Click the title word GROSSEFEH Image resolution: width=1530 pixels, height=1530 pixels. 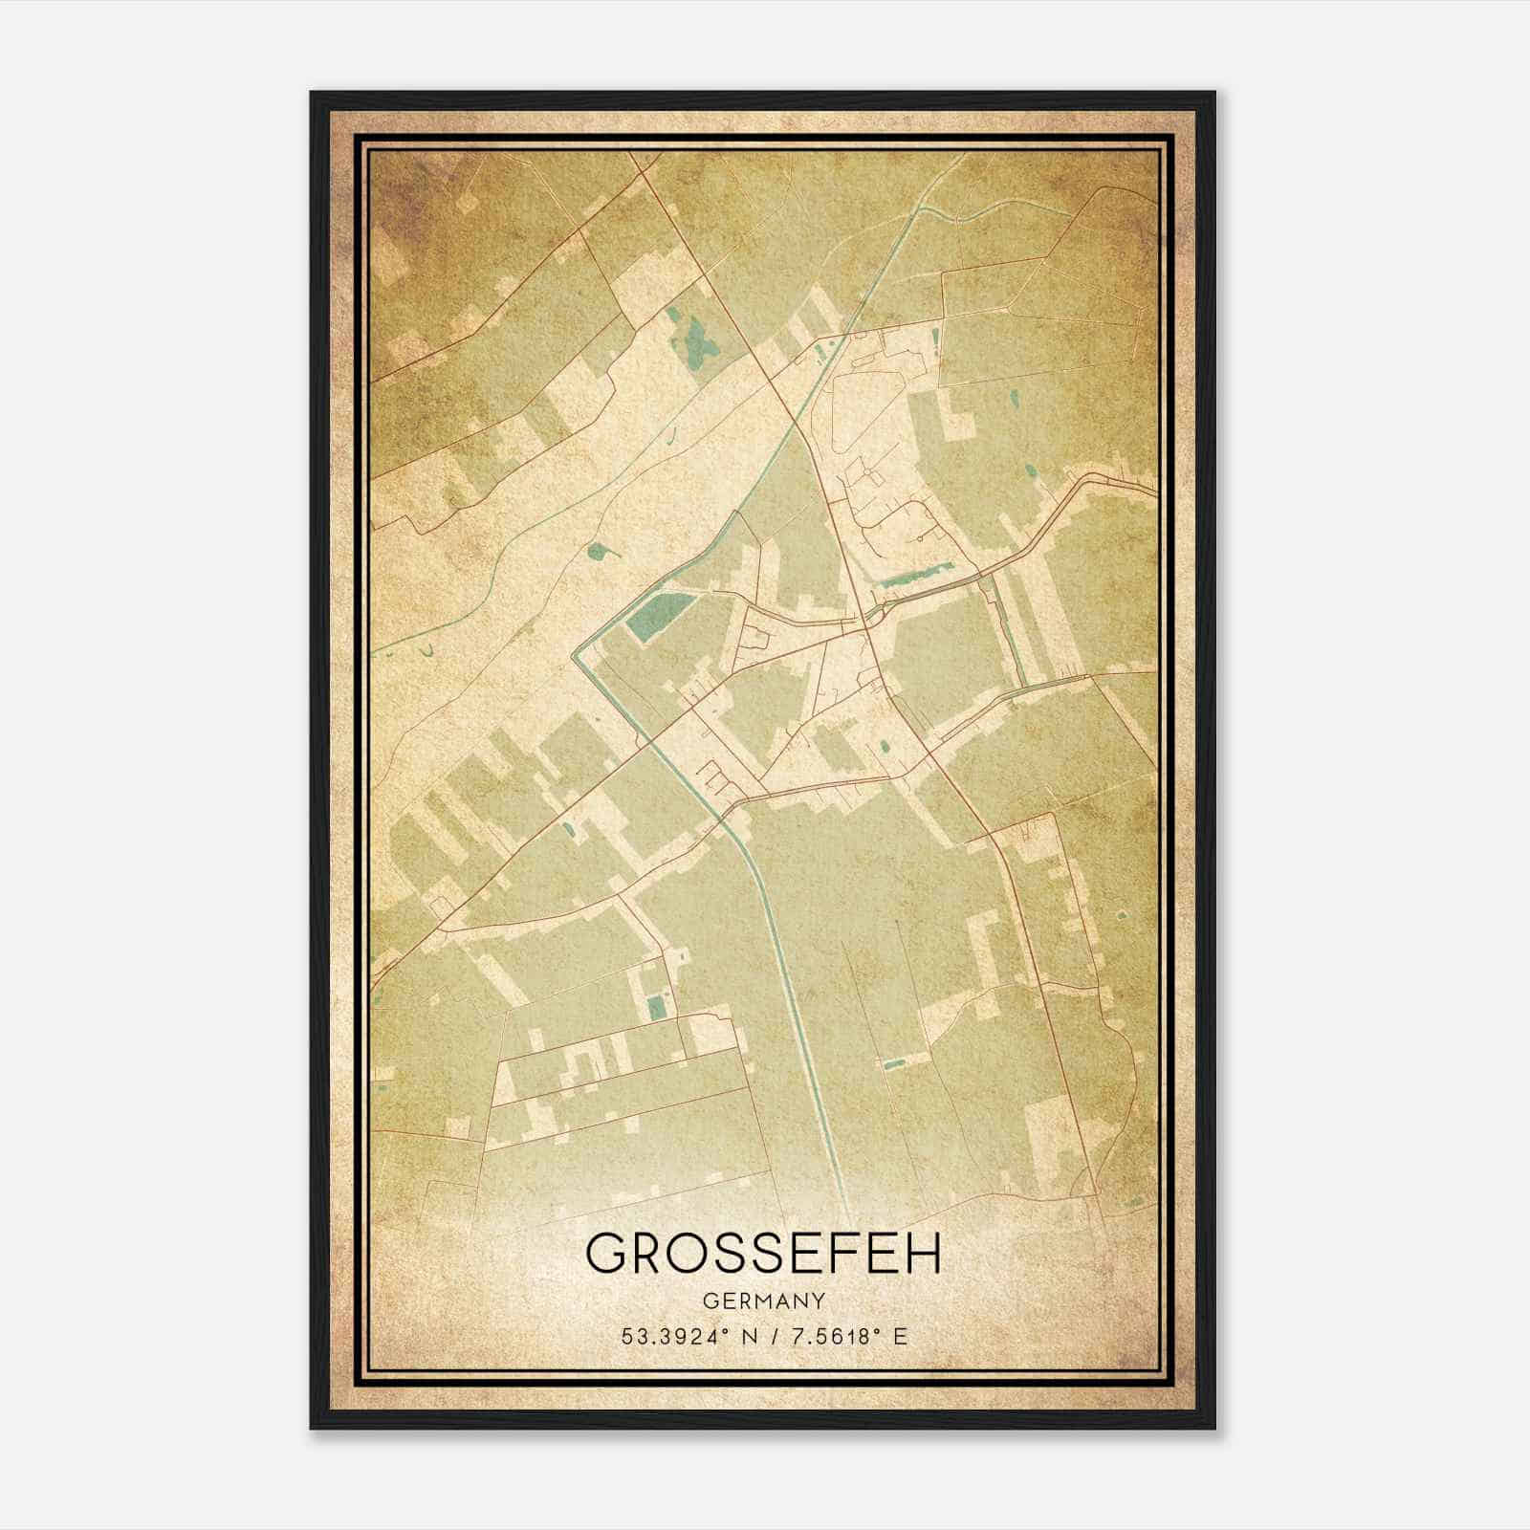763,1253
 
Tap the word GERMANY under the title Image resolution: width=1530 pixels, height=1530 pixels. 763,1300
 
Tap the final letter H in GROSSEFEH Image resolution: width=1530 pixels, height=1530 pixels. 922,1253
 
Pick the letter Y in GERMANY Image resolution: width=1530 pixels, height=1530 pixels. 818,1300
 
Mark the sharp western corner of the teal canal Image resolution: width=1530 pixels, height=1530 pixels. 574,656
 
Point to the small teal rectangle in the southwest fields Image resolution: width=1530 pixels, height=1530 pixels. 656,1007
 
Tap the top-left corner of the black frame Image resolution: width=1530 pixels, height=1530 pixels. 312,93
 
